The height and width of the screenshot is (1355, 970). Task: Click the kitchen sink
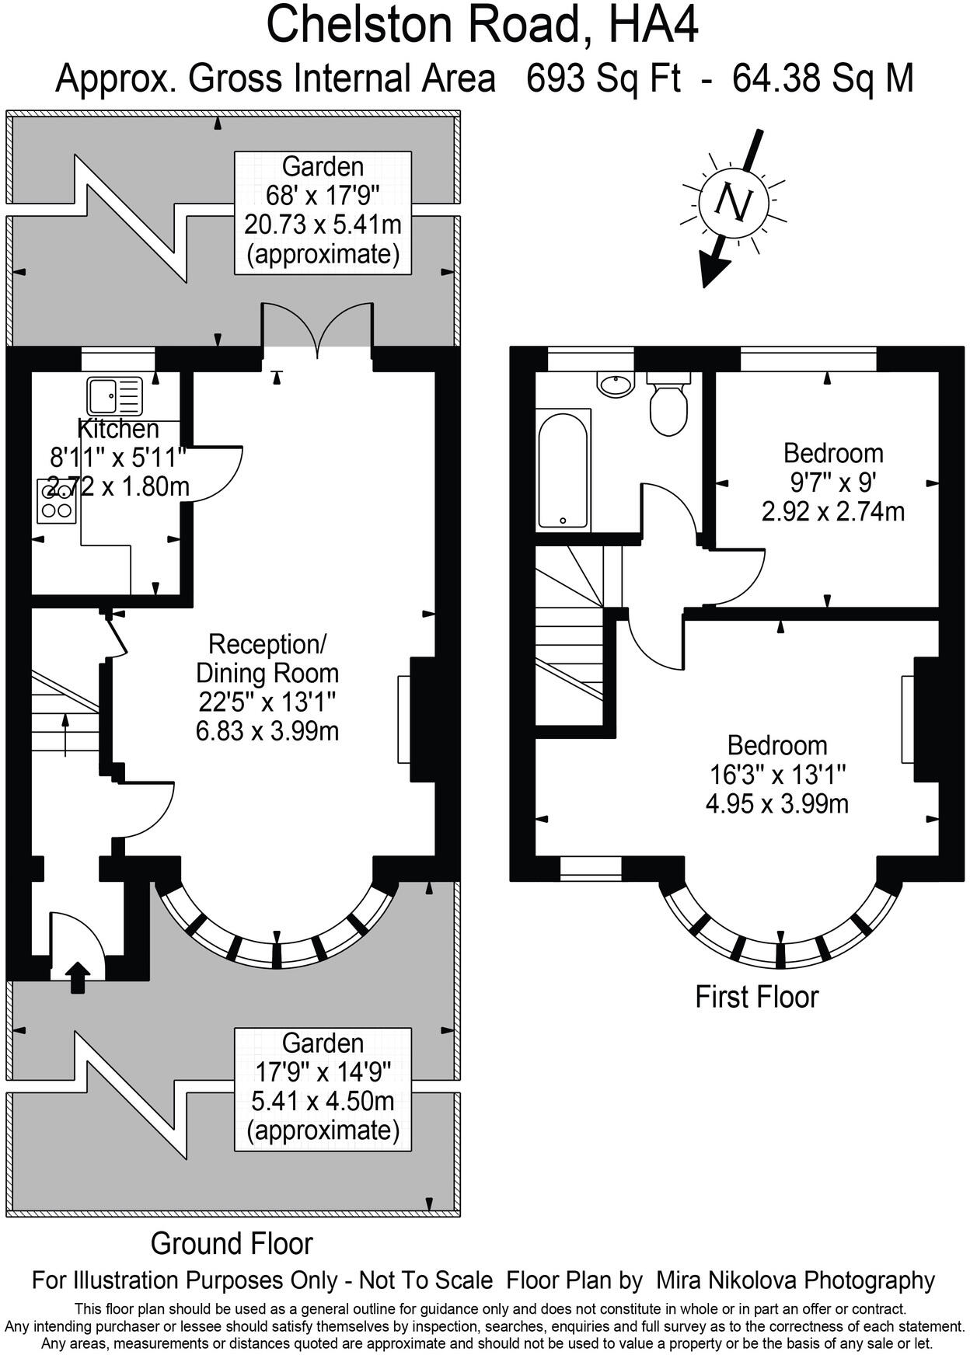tap(114, 395)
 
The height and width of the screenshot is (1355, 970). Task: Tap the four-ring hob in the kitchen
tap(57, 501)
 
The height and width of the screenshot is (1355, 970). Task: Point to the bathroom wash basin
tap(616, 384)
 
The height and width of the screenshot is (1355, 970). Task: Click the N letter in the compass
tap(733, 203)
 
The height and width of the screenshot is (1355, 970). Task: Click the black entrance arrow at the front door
tap(78, 977)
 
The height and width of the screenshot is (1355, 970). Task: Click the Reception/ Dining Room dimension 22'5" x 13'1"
tap(267, 702)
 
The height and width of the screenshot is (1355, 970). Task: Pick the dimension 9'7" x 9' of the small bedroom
tap(832, 482)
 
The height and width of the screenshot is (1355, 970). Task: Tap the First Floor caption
tap(756, 997)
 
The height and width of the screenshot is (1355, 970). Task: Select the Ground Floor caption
tap(232, 1243)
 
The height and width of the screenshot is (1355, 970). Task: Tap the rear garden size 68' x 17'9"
tap(323, 196)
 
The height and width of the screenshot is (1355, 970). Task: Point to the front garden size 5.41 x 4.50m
tap(323, 1101)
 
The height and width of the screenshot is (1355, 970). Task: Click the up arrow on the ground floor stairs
tap(65, 733)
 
